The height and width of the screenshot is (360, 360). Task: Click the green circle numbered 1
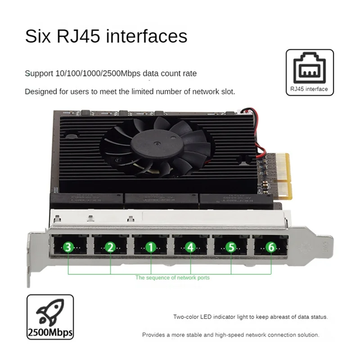(151, 247)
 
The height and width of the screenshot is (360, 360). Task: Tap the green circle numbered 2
(110, 247)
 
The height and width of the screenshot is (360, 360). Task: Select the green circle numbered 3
(68, 247)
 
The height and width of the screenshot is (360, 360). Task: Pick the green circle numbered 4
(190, 247)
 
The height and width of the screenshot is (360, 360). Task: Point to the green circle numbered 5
(231, 247)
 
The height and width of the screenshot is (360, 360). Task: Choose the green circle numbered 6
(271, 247)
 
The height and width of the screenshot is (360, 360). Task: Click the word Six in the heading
(38, 36)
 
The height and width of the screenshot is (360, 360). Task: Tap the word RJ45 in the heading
(79, 36)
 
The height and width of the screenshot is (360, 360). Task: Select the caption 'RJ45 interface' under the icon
(310, 89)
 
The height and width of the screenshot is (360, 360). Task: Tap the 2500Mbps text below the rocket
(50, 333)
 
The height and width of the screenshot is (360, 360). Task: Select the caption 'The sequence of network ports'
(172, 278)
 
